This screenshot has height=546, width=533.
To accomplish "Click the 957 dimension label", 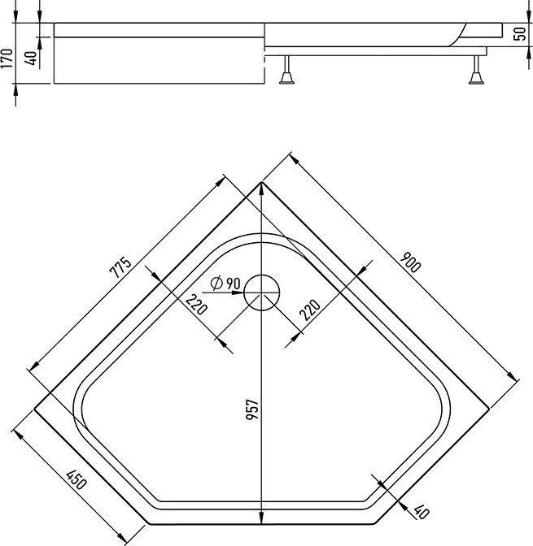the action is [x=252, y=409].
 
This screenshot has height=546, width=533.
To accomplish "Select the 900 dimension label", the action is [x=411, y=262].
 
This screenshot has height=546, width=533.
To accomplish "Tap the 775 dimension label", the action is [x=120, y=267].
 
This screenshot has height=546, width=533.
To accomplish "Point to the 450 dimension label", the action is [x=76, y=479].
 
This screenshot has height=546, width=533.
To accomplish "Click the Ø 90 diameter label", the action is [x=225, y=283].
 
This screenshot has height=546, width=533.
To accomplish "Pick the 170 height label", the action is [x=7, y=58].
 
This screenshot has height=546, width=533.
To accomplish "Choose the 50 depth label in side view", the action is [x=520, y=34].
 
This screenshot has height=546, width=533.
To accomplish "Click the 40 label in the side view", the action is [x=31, y=58].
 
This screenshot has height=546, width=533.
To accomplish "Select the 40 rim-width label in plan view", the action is [x=422, y=512].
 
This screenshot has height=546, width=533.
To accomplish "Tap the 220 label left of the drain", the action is [x=196, y=304].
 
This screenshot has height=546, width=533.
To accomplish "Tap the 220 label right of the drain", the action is [x=310, y=310].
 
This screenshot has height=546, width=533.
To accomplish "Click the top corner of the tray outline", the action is [x=261, y=182].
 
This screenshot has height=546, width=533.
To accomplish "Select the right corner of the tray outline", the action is [x=489, y=407].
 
